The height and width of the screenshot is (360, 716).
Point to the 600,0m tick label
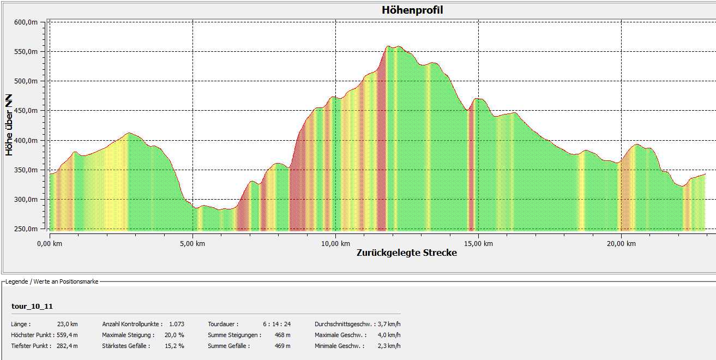tap(26, 22)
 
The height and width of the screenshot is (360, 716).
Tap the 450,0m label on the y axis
tap(26, 111)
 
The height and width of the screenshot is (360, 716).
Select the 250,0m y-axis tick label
tap(26, 229)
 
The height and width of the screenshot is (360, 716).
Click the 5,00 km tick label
tap(192, 244)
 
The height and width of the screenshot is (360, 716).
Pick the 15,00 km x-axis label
tap(478, 244)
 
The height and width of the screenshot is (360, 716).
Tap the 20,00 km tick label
tap(621, 244)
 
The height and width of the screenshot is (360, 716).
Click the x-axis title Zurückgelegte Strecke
tap(407, 253)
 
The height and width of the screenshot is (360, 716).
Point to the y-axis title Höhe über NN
tap(9, 125)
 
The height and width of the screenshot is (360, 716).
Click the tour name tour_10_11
tap(32, 307)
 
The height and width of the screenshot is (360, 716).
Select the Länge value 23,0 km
tap(67, 324)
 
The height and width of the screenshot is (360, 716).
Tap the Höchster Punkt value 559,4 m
tap(67, 335)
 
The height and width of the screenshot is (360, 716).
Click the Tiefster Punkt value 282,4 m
tap(67, 346)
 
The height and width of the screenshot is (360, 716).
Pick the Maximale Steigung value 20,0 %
tap(175, 335)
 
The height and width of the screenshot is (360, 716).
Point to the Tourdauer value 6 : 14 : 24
tap(276, 324)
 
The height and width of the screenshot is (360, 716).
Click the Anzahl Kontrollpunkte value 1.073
tap(177, 324)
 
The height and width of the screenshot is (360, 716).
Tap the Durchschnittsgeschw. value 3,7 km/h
tap(389, 324)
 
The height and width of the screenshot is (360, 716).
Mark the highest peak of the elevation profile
tap(388, 46)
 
